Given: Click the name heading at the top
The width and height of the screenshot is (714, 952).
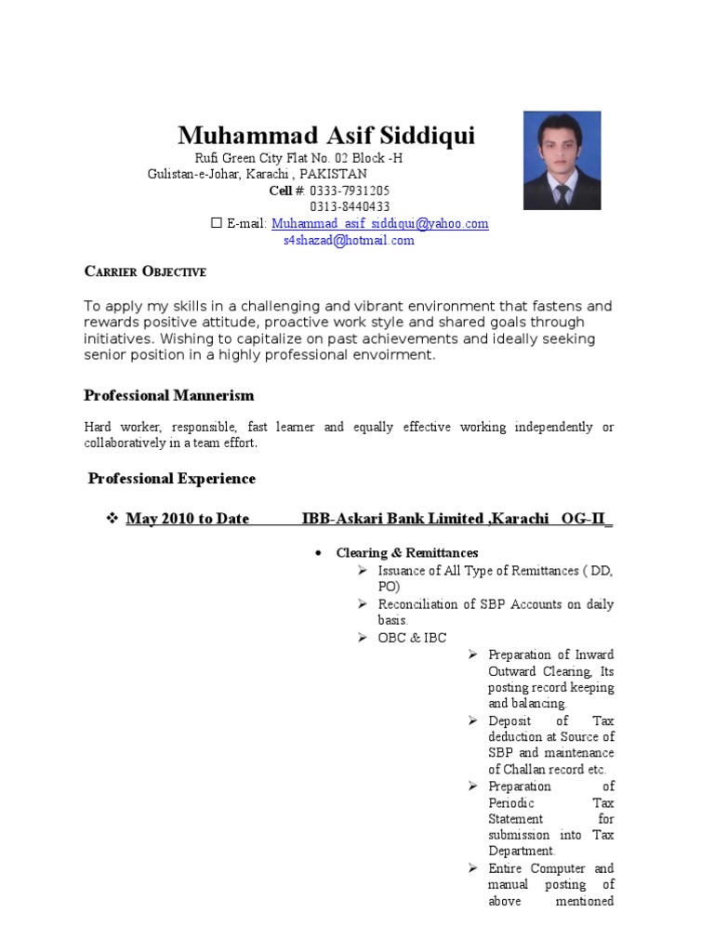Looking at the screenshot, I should [326, 136].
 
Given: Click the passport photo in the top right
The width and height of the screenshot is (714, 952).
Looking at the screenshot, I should [562, 160].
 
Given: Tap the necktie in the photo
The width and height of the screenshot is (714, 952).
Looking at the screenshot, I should [562, 194].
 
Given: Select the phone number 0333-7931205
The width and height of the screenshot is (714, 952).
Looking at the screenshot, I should [350, 191].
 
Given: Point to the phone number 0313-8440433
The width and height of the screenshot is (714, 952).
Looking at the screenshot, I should [350, 206].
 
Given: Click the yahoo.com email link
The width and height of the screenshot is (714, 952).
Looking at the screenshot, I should [380, 224].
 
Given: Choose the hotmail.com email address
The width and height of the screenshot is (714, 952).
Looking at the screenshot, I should [349, 241].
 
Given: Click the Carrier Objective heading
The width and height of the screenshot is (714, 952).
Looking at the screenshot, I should [145, 271].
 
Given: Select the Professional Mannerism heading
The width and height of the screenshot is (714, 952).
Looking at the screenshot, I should [168, 395].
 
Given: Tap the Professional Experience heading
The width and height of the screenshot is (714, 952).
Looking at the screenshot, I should [171, 479].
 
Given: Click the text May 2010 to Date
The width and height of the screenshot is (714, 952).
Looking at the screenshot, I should [187, 519].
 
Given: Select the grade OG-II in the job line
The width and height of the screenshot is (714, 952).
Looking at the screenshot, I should [584, 519].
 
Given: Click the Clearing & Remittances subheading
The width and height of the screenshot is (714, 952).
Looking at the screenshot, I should [407, 552].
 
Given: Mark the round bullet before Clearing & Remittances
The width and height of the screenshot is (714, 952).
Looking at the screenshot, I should [318, 553].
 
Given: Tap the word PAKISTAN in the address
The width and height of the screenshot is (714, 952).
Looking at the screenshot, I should [335, 174].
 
